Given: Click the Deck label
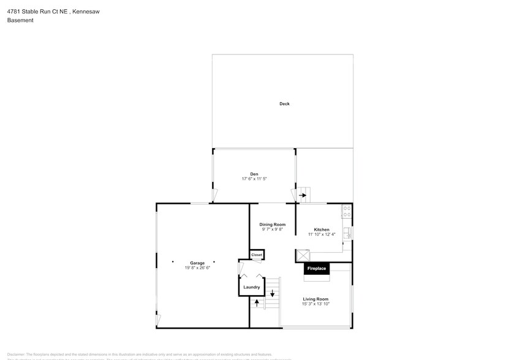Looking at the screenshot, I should tap(284, 104).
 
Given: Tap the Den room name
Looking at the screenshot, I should tap(254, 174).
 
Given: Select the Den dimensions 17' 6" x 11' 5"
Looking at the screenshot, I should tap(254, 179).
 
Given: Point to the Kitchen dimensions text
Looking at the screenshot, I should tap(322, 234).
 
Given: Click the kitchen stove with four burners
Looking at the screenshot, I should tap(347, 212).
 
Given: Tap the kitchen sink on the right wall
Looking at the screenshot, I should tap(348, 233).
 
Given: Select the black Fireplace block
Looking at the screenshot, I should tap(317, 268).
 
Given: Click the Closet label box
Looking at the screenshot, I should tap(257, 255).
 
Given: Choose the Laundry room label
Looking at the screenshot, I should tap(251, 287).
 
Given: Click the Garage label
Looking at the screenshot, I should tap(197, 263).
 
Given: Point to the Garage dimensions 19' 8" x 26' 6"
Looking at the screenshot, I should tap(197, 268).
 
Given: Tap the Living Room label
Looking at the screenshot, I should tap(316, 299).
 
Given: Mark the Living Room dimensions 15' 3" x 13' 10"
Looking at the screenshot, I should tap(316, 304).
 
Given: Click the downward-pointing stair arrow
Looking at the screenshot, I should tap(273, 293).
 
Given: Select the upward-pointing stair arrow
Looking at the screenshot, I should tap(257, 302).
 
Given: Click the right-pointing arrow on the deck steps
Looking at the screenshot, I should tap(303, 196).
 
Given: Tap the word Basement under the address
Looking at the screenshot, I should tap(20, 20).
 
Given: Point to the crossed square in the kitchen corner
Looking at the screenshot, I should tap(303, 255).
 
